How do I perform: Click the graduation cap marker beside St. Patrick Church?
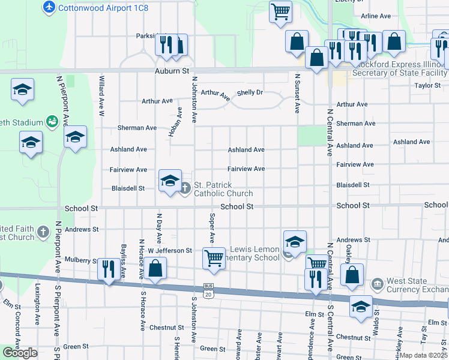pos(170,181)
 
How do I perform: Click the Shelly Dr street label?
pos(250,92)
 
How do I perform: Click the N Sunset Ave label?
pos(297,93)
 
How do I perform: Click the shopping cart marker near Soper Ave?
pos(214,258)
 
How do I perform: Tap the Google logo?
pos(20,353)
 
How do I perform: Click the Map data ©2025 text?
pos(423,355)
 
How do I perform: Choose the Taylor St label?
pos(427,86)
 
